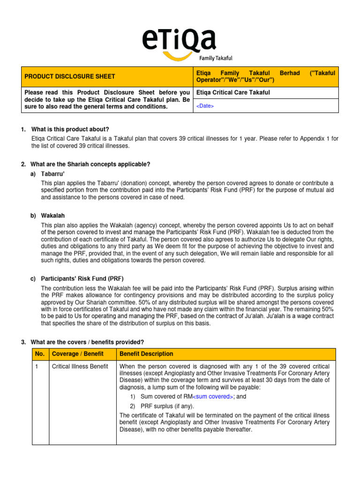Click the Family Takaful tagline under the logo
(x=216, y=58)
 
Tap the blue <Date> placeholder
(x=205, y=106)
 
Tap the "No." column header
(x=40, y=354)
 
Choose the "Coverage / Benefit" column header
(x=77, y=354)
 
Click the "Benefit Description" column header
(x=146, y=354)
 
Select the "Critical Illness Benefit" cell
(x=80, y=366)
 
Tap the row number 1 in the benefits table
(x=37, y=366)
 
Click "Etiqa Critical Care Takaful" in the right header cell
(x=232, y=93)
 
